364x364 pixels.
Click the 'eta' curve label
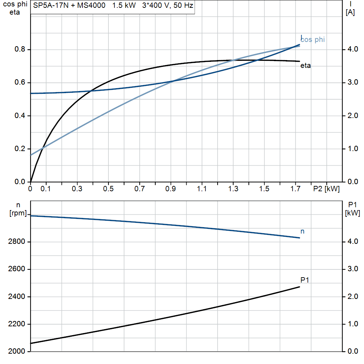point(305,66)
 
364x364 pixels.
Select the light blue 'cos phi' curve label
point(313,40)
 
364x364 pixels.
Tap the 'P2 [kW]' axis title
point(326,189)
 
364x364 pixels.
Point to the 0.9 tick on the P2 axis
point(171,189)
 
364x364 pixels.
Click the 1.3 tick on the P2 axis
point(233,189)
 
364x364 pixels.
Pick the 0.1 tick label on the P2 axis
point(45,189)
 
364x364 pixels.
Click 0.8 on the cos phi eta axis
point(20,49)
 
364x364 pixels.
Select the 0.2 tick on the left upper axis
point(20,149)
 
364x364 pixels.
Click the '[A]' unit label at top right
point(350,13)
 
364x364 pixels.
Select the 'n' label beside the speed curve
point(303,231)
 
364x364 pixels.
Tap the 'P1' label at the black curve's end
point(305,280)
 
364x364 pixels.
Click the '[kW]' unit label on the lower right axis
point(352,213)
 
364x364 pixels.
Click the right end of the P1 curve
point(300,287)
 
